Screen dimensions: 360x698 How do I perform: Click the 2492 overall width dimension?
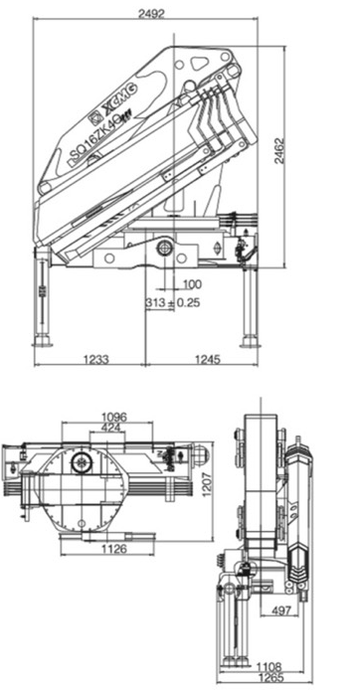pyautogui.click(x=151, y=13)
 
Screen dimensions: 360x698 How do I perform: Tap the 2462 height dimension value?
pyautogui.click(x=279, y=151)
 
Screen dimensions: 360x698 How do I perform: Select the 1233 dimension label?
pyautogui.click(x=96, y=359)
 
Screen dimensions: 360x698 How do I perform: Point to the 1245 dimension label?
pyautogui.click(x=208, y=359)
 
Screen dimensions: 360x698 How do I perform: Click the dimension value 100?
pyautogui.click(x=192, y=284)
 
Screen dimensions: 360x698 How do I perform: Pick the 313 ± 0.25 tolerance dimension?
pyautogui.click(x=173, y=302)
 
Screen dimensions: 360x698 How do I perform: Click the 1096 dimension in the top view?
pyautogui.click(x=114, y=417)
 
